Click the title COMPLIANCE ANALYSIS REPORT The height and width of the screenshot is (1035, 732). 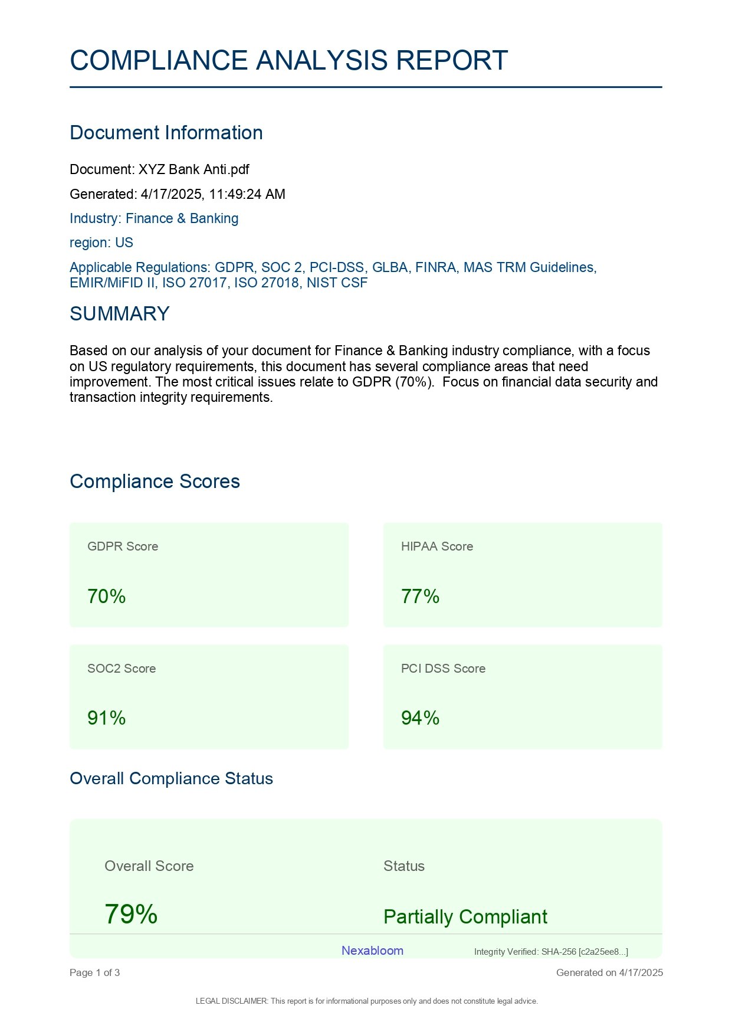[288, 60]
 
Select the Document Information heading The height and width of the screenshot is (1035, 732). [166, 133]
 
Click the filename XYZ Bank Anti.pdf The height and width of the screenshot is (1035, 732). [193, 170]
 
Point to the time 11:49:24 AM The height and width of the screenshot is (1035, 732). [247, 194]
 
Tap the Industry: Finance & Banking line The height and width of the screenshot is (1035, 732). [154, 218]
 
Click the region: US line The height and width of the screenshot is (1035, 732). [101, 243]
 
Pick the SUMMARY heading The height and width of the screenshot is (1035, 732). [119, 313]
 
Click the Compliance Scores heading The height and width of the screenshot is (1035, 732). [155, 482]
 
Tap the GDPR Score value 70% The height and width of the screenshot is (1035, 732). [106, 597]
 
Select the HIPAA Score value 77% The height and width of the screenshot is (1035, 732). [420, 597]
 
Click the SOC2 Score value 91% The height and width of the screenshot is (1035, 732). [106, 718]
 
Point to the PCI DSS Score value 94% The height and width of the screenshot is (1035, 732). [420, 718]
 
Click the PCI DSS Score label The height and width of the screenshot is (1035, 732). [443, 669]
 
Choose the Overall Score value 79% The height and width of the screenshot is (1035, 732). [131, 914]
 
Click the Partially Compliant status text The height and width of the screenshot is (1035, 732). [465, 916]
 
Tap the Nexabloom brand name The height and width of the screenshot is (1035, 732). [372, 951]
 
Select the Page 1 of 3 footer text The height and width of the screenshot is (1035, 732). [94, 972]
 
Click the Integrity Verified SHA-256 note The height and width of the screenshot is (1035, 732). [551, 952]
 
